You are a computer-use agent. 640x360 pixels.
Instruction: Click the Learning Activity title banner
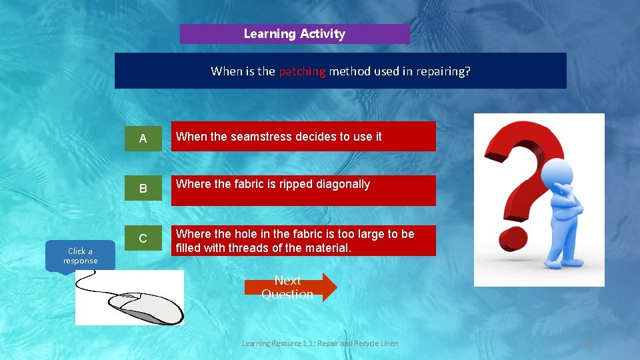click(295, 34)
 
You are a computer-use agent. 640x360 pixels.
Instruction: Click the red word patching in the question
click(302, 71)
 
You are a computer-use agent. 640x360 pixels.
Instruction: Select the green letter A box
click(143, 138)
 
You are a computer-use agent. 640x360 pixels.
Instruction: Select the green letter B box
click(143, 189)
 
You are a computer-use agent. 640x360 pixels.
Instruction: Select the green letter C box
click(143, 239)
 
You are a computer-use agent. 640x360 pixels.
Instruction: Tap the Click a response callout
click(80, 256)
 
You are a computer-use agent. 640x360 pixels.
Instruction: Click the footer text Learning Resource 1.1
click(320, 343)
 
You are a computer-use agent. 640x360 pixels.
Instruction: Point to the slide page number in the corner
click(587, 343)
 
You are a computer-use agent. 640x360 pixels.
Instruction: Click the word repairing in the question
click(443, 71)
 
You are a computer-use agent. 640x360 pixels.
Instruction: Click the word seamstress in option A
click(263, 137)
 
